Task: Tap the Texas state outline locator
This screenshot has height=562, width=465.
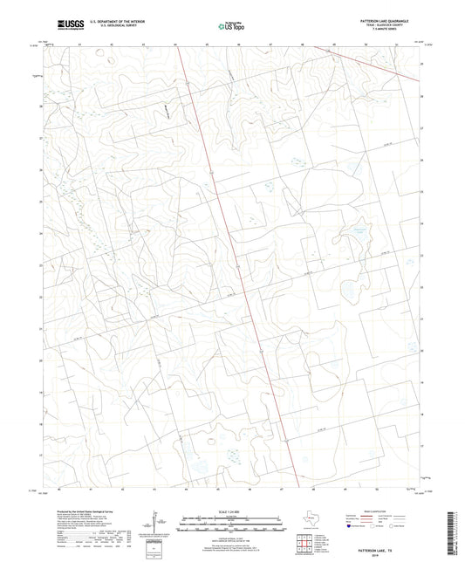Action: (306, 516)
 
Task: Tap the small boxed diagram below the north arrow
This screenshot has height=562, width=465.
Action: (151, 549)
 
